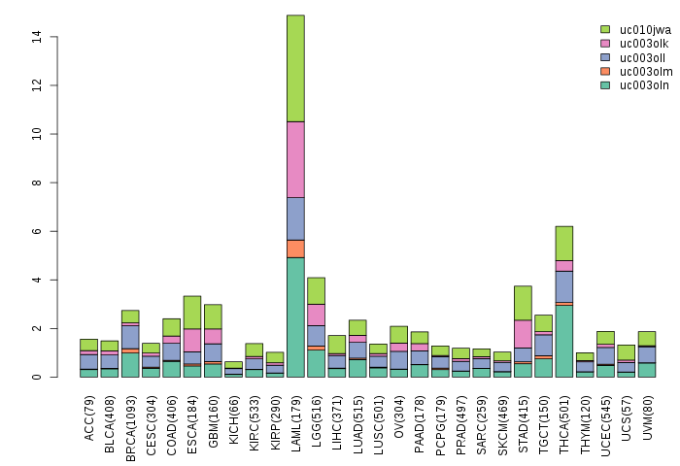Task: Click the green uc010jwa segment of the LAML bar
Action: (295, 68)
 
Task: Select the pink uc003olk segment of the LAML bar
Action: (295, 159)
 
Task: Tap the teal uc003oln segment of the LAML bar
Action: (295, 316)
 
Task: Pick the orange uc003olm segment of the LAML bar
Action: (295, 249)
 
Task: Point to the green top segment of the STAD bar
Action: (523, 303)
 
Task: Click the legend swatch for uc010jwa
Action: (605, 30)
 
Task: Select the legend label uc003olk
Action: (645, 44)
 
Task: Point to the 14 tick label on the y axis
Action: (36, 37)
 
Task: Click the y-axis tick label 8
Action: (36, 183)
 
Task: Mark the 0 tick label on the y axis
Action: (36, 377)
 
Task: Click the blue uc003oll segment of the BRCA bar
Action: (130, 336)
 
